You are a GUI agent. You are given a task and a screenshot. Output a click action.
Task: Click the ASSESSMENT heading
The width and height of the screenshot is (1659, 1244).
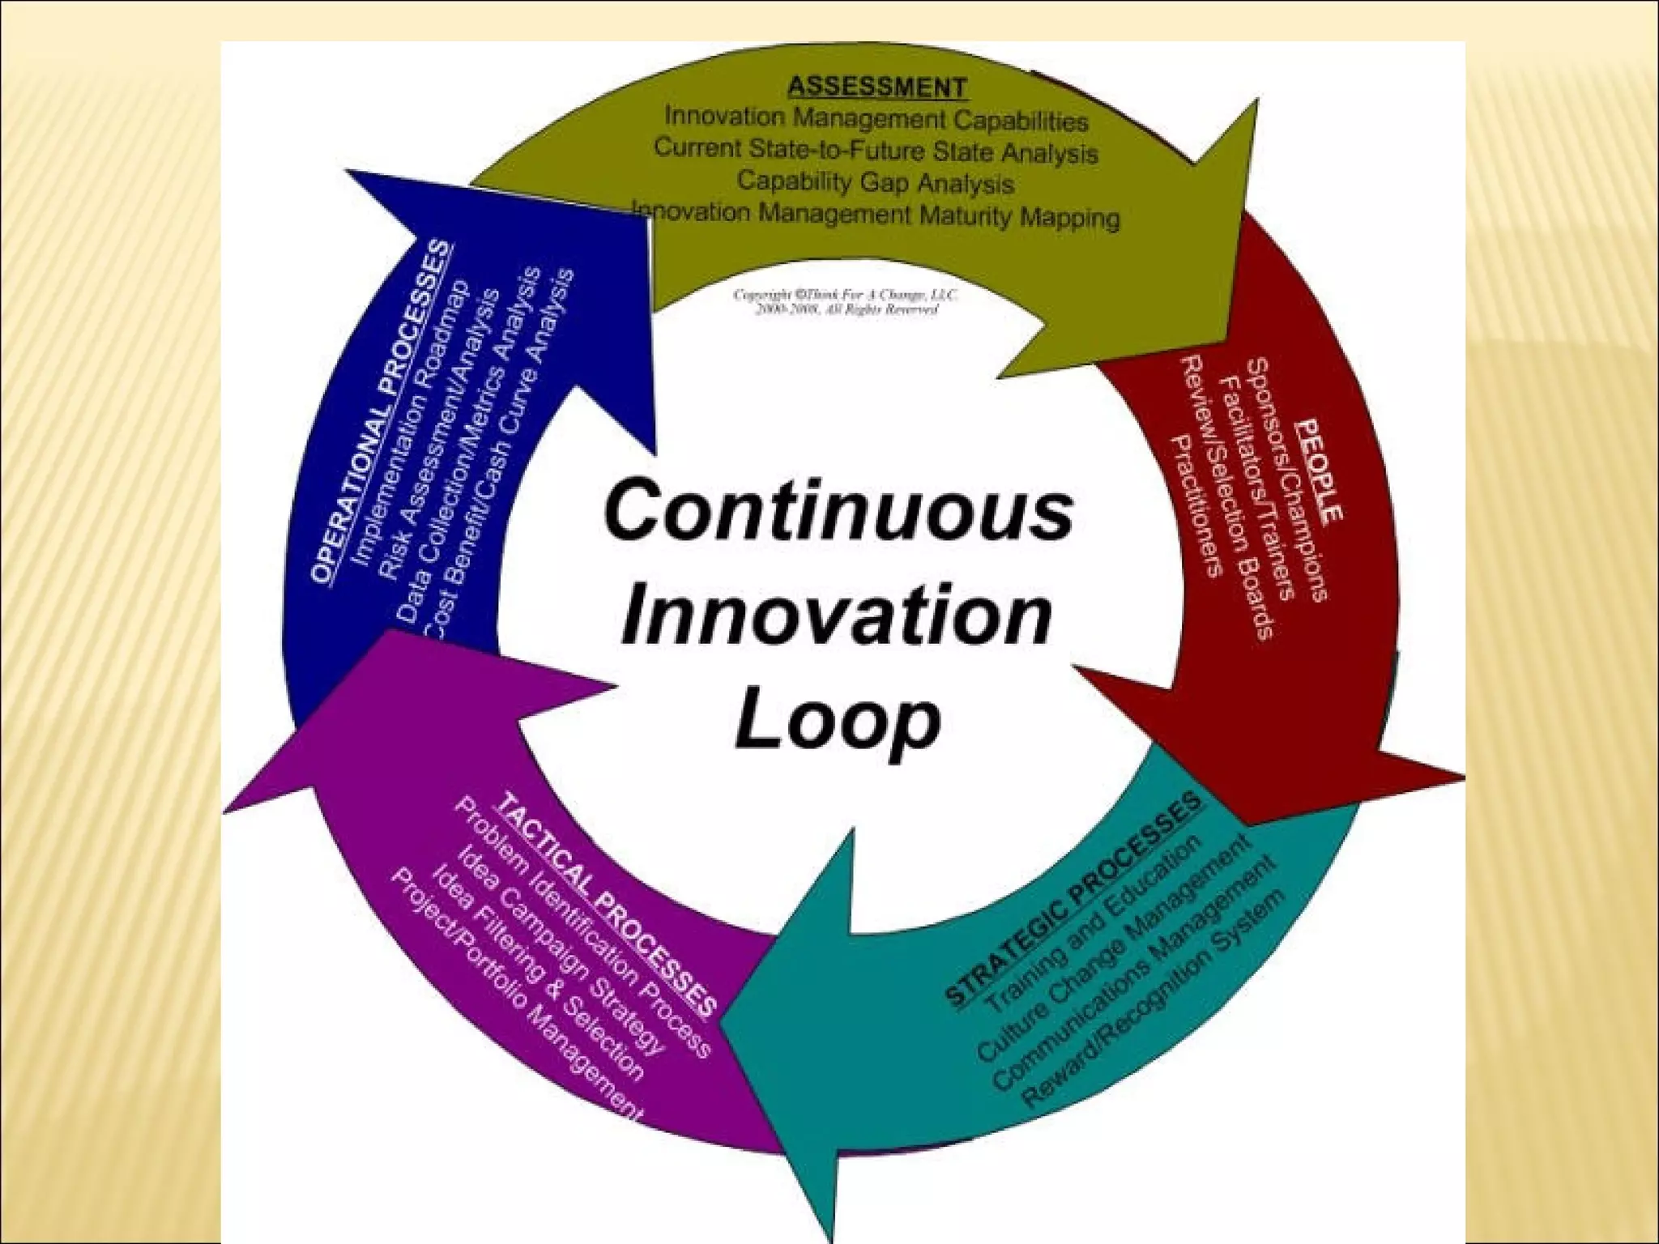(877, 87)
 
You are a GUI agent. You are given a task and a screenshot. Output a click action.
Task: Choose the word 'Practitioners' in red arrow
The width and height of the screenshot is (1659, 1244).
(1197, 506)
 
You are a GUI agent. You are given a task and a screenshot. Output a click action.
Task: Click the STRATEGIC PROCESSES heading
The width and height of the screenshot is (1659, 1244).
(1074, 899)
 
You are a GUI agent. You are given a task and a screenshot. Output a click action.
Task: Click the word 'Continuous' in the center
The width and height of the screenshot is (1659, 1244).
(838, 510)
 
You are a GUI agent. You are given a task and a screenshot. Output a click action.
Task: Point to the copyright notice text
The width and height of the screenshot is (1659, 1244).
(846, 301)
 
